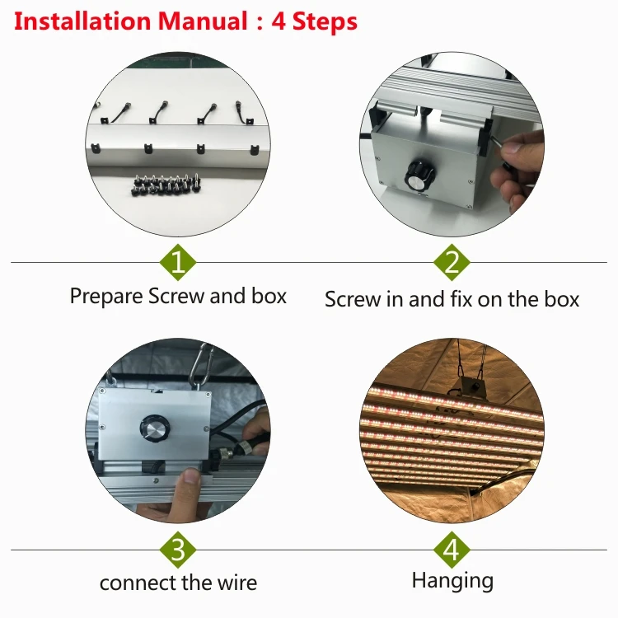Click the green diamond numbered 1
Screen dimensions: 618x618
pos(178,262)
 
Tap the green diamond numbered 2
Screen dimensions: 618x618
pos(452,262)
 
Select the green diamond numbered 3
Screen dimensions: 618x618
pos(178,550)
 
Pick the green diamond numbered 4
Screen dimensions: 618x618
pos(452,550)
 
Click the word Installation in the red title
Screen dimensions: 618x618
pos(82,21)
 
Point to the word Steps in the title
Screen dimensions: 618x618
pos(325,22)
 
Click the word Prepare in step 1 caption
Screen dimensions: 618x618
pos(106,297)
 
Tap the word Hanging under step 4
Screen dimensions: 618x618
pos(452,581)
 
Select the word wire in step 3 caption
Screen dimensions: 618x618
pos(236,583)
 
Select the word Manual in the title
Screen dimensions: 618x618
pos(203,21)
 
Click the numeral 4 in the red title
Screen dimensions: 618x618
pos(279,21)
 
